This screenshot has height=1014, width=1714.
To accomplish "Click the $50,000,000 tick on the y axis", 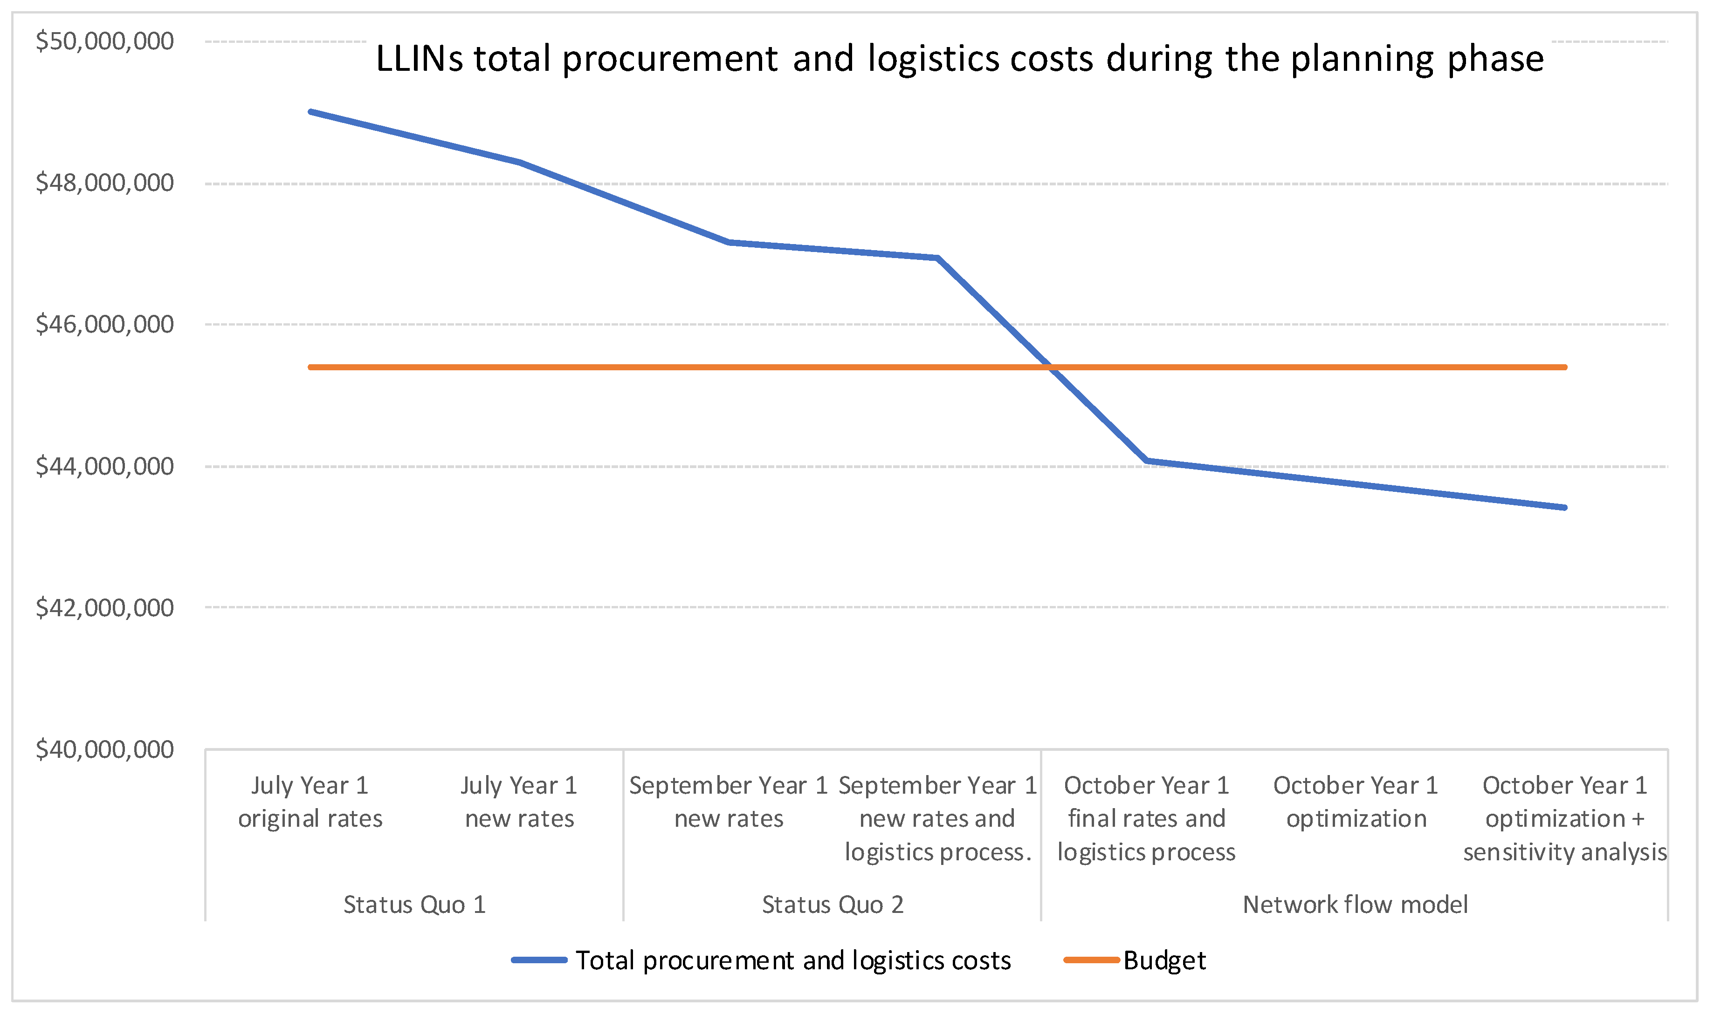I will (x=104, y=41).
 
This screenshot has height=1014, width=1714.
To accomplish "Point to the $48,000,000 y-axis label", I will (x=104, y=183).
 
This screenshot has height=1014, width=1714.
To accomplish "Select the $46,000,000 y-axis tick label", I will (x=104, y=325).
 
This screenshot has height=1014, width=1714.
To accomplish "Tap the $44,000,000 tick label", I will (x=104, y=467).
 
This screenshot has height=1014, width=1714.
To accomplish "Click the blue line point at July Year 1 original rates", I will (x=310, y=111).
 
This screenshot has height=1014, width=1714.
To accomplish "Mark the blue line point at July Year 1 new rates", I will (x=520, y=162).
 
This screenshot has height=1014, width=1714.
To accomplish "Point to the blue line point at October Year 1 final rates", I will (x=1147, y=461).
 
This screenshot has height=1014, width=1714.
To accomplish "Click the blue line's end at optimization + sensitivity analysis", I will (x=1565, y=508).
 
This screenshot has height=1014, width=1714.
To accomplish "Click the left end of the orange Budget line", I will (x=310, y=367).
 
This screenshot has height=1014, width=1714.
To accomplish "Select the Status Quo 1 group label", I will (x=414, y=905).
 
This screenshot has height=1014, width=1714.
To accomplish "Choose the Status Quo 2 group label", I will (x=833, y=905).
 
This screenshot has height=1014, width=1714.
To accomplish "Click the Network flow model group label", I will (x=1355, y=905).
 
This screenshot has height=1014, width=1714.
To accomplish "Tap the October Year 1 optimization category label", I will (x=1356, y=802).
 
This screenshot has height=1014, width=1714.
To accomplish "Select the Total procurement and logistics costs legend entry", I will (x=792, y=961).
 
